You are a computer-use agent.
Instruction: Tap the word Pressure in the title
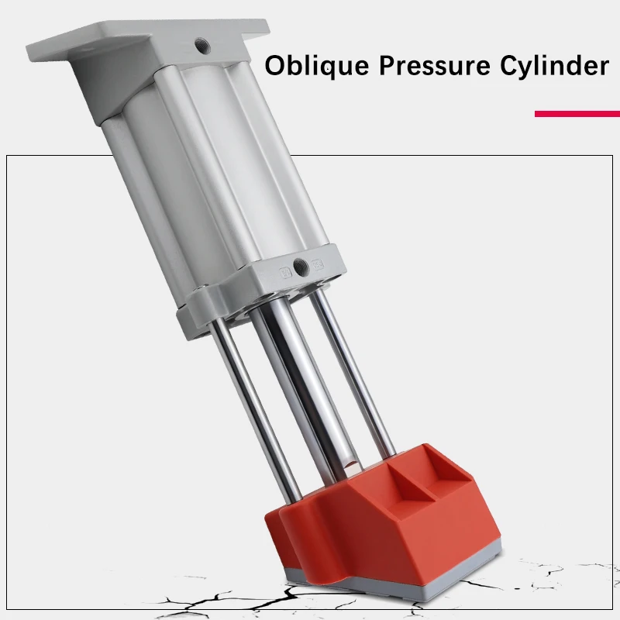click(x=435, y=65)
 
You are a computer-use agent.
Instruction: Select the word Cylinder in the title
click(x=554, y=65)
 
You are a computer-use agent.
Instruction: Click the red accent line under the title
click(x=577, y=114)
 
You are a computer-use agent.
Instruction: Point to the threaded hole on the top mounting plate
click(x=202, y=46)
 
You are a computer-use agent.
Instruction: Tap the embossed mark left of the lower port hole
click(x=285, y=273)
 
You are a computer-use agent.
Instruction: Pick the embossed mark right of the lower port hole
click(x=318, y=263)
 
